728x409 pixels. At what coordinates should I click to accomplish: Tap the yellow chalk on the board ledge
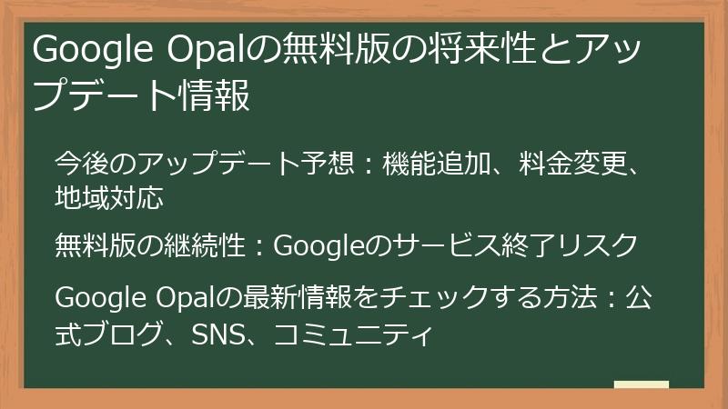(x=641, y=384)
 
